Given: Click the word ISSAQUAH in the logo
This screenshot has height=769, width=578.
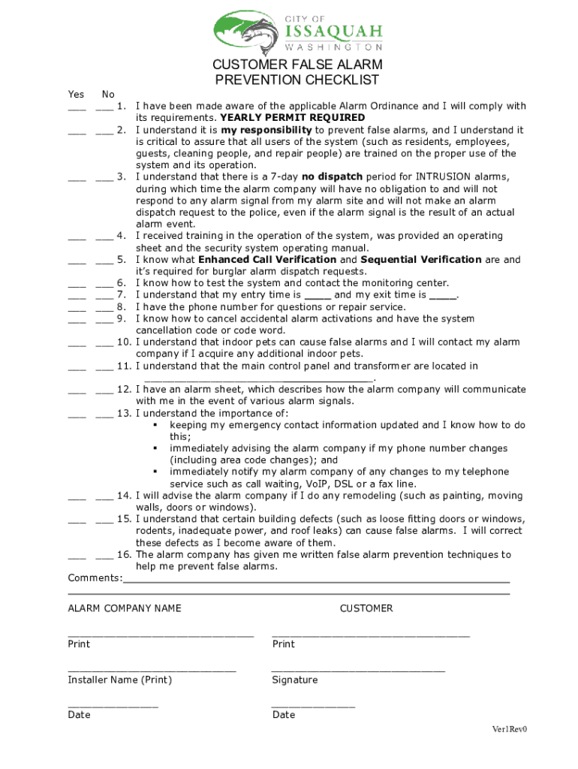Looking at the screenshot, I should click(x=334, y=32).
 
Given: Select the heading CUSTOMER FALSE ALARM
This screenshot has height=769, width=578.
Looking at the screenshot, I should click(x=297, y=65).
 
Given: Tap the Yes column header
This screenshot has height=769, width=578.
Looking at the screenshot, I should click(x=76, y=95).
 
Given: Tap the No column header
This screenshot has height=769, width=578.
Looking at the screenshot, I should click(x=108, y=95).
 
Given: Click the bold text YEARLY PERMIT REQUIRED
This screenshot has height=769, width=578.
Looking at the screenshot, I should click(x=292, y=118).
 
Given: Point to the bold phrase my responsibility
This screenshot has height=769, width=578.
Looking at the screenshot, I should click(x=266, y=130).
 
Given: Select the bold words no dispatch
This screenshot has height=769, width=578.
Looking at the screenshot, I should click(x=332, y=177).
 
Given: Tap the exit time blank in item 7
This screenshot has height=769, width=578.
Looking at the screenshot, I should click(x=442, y=297).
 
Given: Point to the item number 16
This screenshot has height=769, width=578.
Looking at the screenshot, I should click(x=125, y=555).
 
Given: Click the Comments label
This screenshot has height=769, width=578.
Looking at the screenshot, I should click(x=95, y=578).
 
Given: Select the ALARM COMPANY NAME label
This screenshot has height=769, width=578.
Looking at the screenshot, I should click(x=125, y=608).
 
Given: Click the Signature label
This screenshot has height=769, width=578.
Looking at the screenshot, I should click(x=295, y=680).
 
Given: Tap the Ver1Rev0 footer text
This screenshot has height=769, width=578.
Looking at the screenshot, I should click(x=510, y=729).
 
